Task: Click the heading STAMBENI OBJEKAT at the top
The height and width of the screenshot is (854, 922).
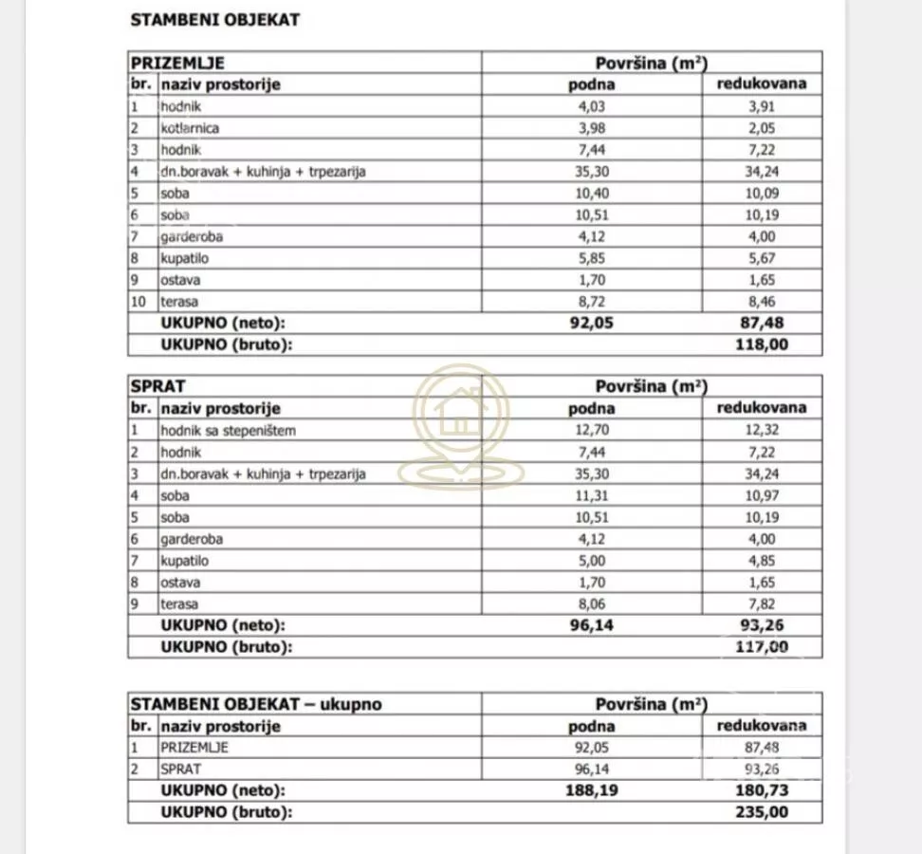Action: coord(214,20)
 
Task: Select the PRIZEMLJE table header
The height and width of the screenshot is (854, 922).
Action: coord(177,64)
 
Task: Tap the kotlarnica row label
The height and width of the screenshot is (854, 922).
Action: coord(192,128)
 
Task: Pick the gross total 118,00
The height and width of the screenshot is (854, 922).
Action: coord(762,345)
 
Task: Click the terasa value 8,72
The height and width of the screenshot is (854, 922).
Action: coord(591,303)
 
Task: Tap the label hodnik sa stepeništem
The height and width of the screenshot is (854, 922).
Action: coord(229,431)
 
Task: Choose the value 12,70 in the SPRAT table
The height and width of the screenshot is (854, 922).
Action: coord(591,431)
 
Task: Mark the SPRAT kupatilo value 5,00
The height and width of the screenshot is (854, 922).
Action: coord(591,561)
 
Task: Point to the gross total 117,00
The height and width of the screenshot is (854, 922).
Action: coord(762,647)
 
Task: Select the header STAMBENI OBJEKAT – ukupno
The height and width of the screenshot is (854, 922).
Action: coord(257,704)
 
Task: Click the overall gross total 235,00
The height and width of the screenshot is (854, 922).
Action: coord(762,812)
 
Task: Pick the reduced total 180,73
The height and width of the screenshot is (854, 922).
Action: coord(762,790)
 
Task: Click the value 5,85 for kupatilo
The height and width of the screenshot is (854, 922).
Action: coord(591,259)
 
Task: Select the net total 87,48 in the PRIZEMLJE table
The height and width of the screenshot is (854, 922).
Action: coord(762,324)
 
